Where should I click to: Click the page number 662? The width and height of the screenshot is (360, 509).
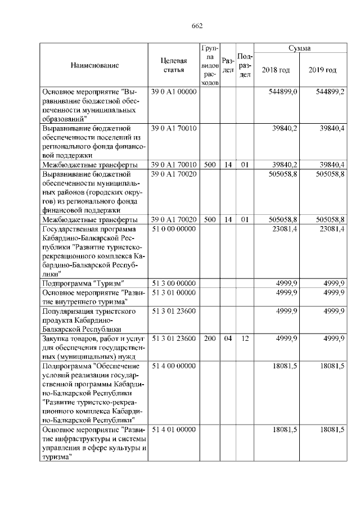[197, 26]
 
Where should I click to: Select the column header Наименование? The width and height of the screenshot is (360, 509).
[94, 65]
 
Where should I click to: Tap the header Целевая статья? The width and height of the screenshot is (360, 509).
[173, 65]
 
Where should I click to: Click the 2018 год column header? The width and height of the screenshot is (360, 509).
[276, 70]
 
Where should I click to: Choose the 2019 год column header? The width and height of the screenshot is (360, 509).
[322, 70]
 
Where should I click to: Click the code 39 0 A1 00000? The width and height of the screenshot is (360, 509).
[173, 92]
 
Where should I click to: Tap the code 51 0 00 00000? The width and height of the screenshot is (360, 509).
[173, 229]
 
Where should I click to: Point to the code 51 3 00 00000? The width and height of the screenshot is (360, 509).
[173, 283]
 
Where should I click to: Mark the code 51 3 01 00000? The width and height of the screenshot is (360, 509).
[173, 292]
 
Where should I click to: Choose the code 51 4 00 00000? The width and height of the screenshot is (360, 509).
[173, 366]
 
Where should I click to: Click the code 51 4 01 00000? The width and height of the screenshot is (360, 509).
[173, 430]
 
